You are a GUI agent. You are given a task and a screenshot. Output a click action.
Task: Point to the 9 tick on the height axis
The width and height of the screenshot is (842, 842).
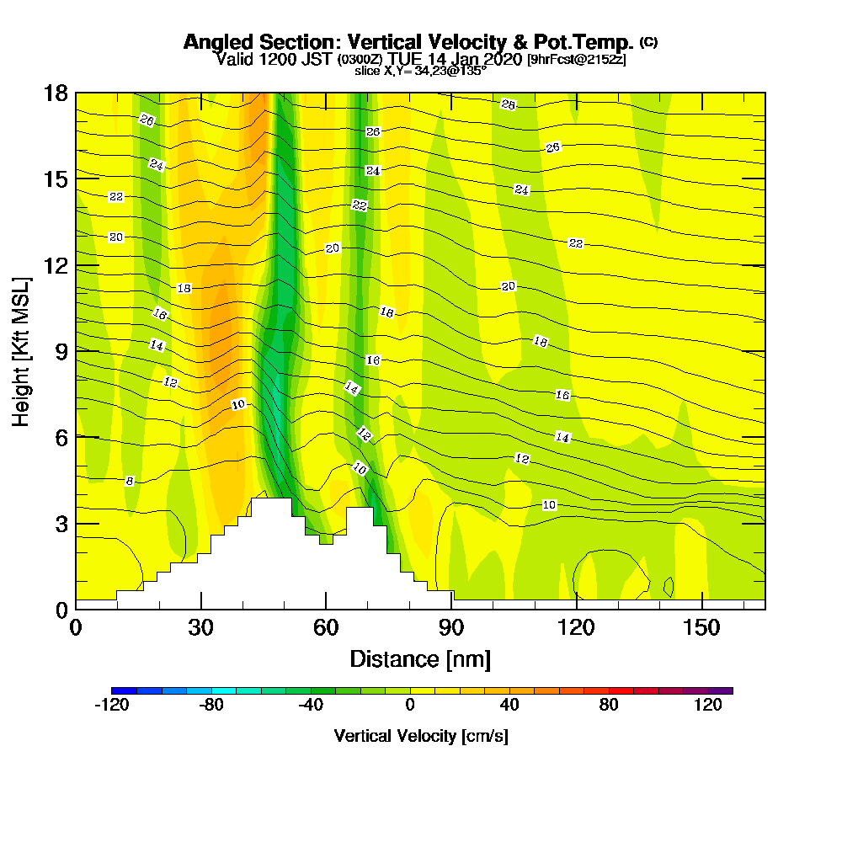point(76,350)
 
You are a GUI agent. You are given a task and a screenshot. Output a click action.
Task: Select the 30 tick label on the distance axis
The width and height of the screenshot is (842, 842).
point(200,627)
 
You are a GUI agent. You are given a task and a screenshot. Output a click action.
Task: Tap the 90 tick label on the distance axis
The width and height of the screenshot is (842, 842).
point(451,627)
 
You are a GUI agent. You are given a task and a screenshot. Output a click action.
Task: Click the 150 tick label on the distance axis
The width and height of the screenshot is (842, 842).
point(701,627)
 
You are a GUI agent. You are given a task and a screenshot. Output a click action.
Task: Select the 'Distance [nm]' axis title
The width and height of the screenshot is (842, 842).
point(420,658)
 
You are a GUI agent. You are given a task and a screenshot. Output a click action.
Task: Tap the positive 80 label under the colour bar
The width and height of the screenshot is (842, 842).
point(609,706)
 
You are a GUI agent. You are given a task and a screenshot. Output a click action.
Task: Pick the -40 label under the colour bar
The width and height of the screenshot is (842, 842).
point(311,706)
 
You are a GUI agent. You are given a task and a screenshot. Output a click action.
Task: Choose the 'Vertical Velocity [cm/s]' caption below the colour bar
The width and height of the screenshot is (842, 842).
point(420,736)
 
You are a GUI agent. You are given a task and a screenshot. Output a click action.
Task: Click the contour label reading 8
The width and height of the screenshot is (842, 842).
point(129,482)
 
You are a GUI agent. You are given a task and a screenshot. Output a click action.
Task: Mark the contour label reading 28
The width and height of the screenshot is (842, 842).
point(508,104)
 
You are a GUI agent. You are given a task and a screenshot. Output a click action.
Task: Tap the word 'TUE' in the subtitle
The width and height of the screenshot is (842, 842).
point(407,59)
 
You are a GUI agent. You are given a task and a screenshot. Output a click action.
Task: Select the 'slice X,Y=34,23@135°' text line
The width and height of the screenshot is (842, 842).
point(420,72)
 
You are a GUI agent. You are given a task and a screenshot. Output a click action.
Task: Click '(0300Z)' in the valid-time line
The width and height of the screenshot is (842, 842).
point(360,60)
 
